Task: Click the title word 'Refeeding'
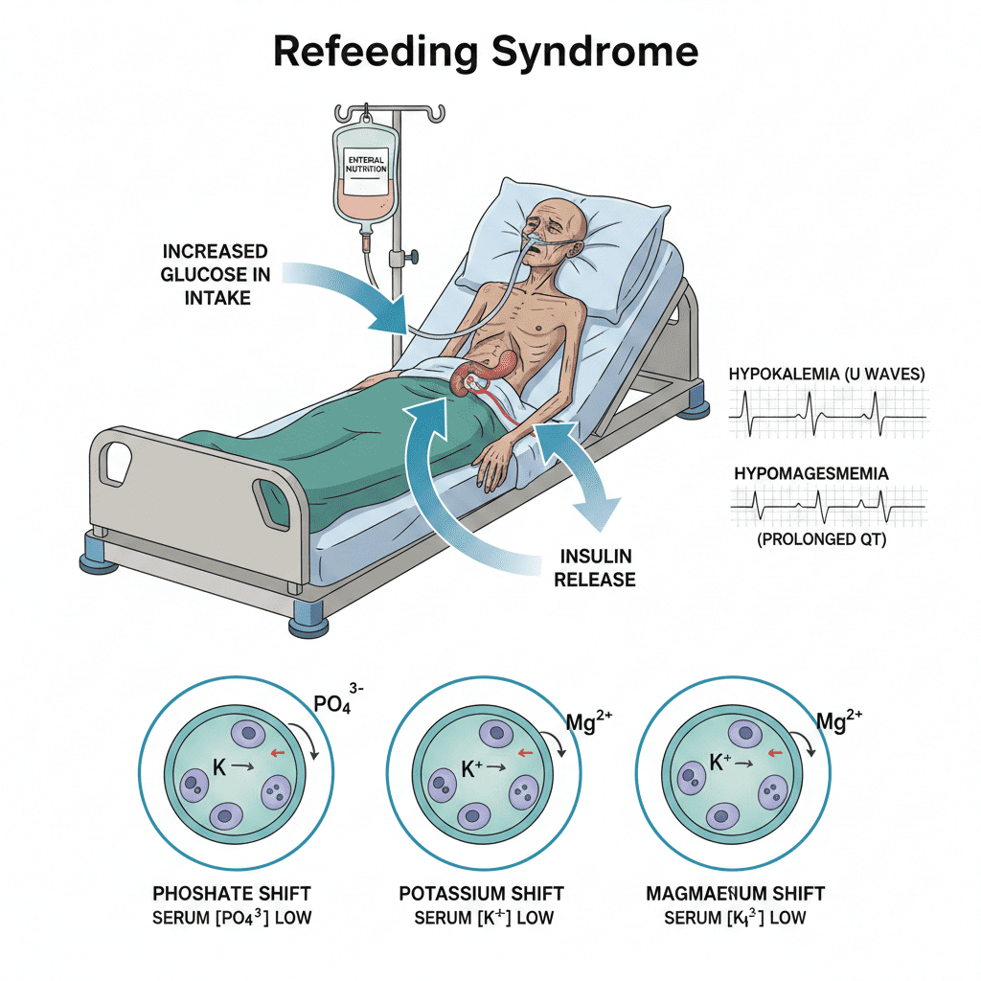(375, 52)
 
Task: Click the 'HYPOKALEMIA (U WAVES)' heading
(827, 375)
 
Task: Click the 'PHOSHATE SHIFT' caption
(233, 894)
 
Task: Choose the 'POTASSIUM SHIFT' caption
(481, 894)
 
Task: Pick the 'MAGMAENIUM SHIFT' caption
(735, 894)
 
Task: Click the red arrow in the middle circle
(524, 753)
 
